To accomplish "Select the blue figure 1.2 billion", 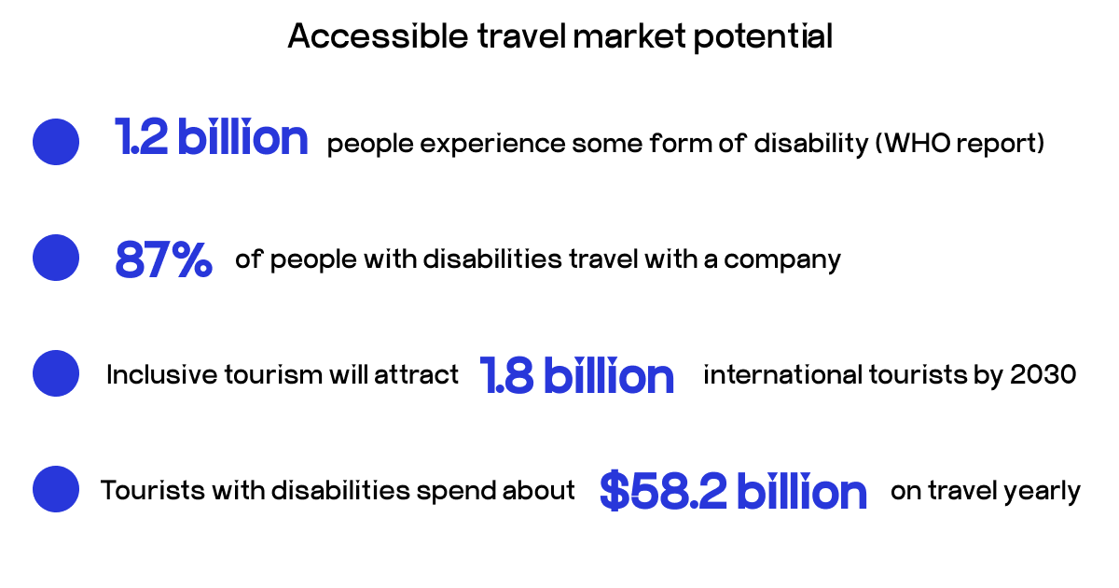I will (x=211, y=138).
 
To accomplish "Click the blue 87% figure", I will (x=163, y=259).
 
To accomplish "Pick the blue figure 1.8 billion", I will (x=576, y=375).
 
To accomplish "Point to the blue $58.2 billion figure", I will (x=733, y=491).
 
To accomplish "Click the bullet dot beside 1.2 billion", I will (x=56, y=142).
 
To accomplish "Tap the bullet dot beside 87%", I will (x=56, y=258).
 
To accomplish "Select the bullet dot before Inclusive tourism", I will (x=56, y=373).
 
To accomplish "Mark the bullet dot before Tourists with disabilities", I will (x=56, y=489).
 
